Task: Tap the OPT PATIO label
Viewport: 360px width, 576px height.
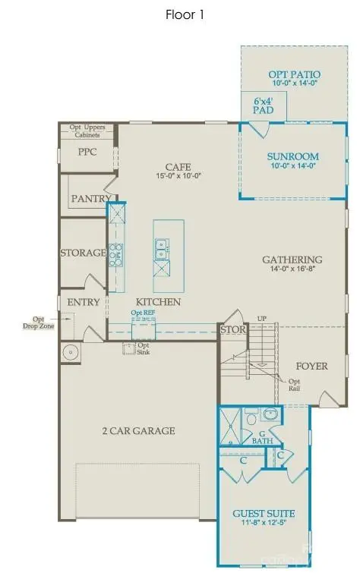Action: point(294,74)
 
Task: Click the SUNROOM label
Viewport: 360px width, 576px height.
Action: point(292,157)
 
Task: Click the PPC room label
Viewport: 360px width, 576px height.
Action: point(88,152)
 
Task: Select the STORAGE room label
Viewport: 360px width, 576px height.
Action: point(83,253)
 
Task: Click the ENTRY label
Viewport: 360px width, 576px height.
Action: point(84,302)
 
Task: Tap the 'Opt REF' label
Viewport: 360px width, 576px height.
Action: point(144,313)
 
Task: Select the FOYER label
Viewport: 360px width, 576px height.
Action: point(311,366)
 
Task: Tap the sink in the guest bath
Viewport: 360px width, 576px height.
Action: point(270,414)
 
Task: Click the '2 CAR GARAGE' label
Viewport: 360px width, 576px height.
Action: point(140,431)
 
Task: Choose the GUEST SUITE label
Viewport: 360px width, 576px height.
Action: point(264,514)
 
